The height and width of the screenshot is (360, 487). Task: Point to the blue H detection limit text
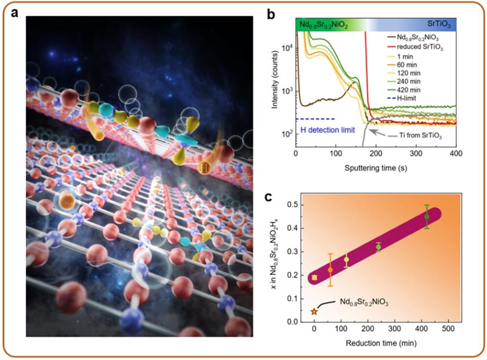pyautogui.click(x=328, y=129)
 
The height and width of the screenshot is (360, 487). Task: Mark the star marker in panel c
pyautogui.click(x=314, y=312)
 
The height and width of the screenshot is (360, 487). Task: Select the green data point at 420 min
pyautogui.click(x=427, y=216)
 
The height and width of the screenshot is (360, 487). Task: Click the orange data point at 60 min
pyautogui.click(x=330, y=270)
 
